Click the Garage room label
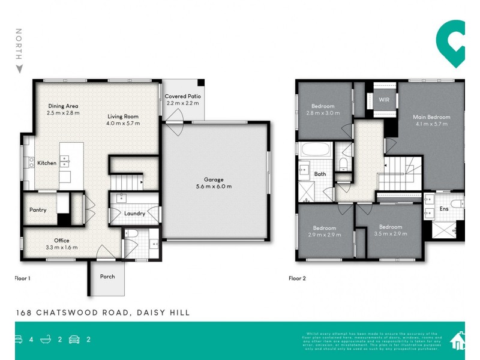213,179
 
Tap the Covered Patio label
183,96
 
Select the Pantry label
38,210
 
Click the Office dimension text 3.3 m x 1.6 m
62,248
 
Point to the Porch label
107,277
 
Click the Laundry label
134,213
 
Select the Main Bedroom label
431,117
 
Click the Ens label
444,209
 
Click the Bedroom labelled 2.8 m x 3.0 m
323,113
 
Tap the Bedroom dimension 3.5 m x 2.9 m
390,234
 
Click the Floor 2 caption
298,278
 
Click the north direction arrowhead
19,70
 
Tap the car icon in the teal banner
74,339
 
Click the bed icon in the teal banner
18,339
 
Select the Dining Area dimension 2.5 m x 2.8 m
64,113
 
